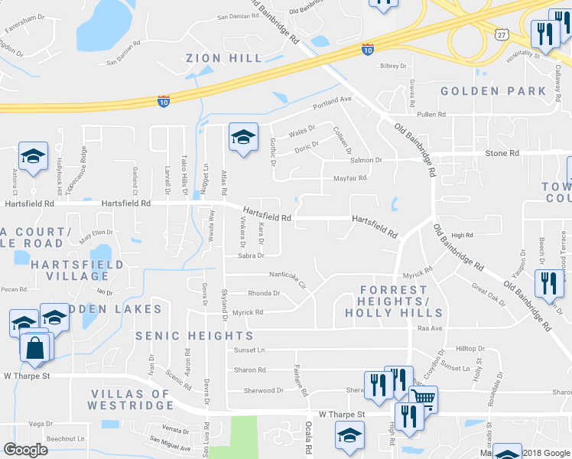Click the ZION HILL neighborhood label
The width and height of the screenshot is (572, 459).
coord(224,58)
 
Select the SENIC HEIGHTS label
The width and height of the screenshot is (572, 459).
coord(194,336)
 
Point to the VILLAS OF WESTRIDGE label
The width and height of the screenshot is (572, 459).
coord(131,400)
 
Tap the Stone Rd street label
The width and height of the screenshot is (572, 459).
coord(502,154)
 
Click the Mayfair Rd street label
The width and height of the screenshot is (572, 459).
coord(350,177)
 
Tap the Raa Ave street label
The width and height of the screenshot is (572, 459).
coord(431,328)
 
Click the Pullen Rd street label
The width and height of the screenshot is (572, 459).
coord(431,114)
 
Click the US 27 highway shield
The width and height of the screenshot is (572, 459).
coord(502,35)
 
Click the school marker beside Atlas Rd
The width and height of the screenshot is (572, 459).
coord(243,138)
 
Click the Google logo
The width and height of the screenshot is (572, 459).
coord(26,450)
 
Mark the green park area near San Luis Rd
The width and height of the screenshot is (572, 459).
coord(238,436)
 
